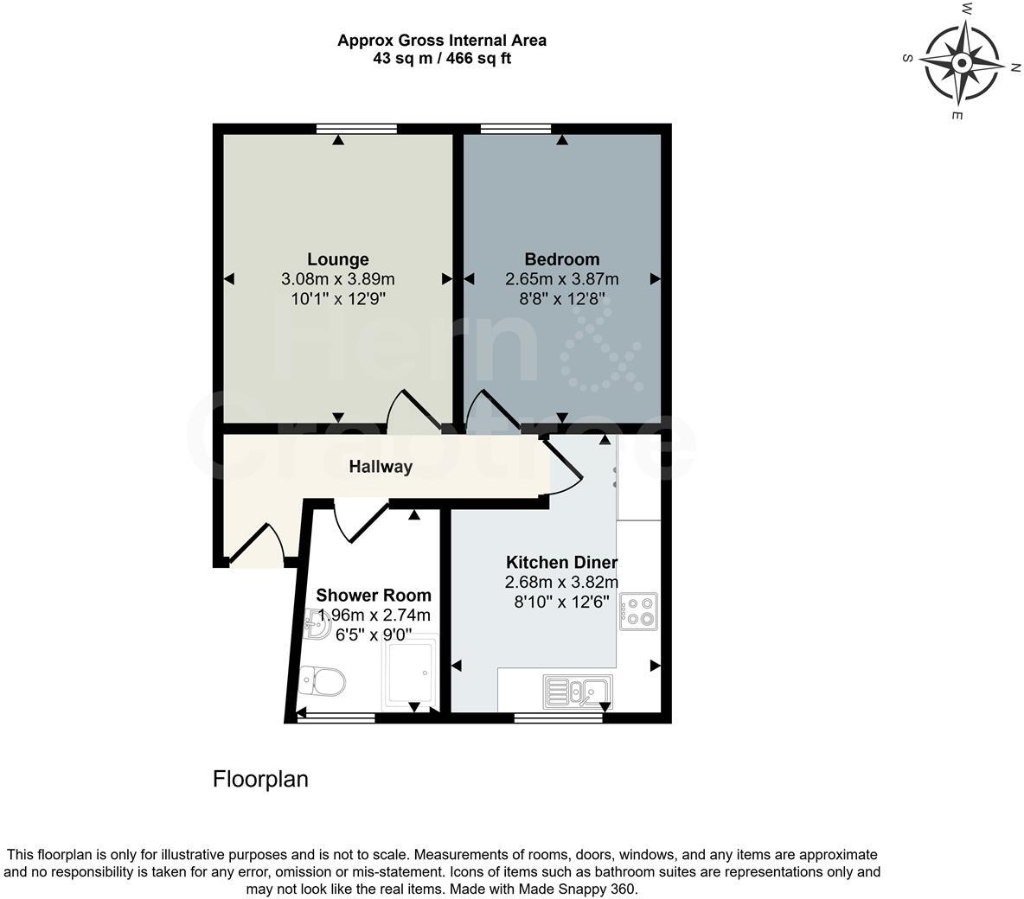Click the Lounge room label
click(338, 259)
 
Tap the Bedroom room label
click(562, 259)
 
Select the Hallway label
click(381, 467)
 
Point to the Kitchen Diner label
click(562, 562)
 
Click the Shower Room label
click(374, 595)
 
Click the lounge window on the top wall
click(356, 129)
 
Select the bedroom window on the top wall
click(515, 129)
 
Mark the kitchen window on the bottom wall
click(558, 717)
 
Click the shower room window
click(336, 717)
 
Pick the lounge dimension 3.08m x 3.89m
click(338, 279)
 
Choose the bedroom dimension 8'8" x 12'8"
click(562, 299)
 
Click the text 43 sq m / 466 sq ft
click(442, 59)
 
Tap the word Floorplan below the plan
click(260, 779)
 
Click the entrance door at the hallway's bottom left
click(258, 545)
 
